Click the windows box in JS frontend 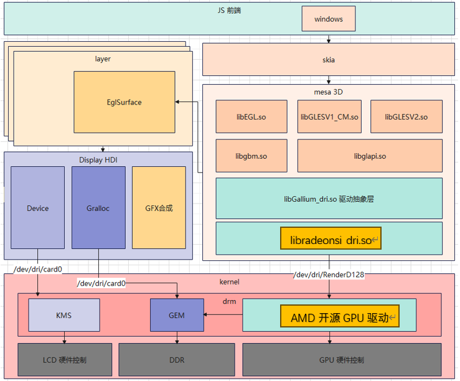328,19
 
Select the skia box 328,60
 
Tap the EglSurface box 124,102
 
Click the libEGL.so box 251,116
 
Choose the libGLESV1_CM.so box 329,116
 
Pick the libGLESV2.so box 406,116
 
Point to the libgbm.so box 251,156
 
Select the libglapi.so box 370,156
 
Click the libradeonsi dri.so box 331,238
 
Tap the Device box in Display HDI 37,208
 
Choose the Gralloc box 98,208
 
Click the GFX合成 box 159,208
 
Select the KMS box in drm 64,315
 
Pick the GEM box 177,315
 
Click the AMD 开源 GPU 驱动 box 340,317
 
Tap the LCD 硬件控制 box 64,360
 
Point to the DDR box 177,360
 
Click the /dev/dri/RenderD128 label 329,274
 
